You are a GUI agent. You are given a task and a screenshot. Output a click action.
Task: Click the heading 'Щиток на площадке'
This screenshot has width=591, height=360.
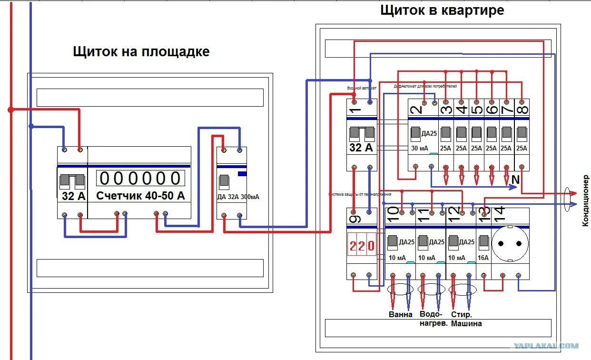141,51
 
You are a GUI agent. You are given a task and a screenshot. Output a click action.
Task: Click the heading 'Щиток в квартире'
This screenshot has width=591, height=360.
442,10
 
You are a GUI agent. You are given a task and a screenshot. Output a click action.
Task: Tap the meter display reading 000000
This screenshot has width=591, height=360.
141,178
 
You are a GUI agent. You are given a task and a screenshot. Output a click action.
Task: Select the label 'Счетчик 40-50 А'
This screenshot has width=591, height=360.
140,196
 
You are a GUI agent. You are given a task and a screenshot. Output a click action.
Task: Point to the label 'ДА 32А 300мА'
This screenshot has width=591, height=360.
238,197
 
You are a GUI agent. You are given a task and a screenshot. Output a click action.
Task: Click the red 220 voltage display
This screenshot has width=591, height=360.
362,246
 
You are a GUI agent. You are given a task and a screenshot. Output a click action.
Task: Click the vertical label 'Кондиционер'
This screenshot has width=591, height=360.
586,200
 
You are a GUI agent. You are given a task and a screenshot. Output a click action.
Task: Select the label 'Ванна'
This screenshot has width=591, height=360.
400,315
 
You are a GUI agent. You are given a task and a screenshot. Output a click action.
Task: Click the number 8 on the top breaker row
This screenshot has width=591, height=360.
522,110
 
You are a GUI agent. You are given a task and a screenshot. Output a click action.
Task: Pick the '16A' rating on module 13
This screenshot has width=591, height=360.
483,258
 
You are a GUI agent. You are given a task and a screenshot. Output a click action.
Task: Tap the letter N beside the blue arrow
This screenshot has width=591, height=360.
515,180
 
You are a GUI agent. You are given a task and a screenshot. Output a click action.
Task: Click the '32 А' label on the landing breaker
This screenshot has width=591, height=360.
74,196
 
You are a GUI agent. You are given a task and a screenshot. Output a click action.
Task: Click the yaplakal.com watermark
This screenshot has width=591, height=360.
545,346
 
